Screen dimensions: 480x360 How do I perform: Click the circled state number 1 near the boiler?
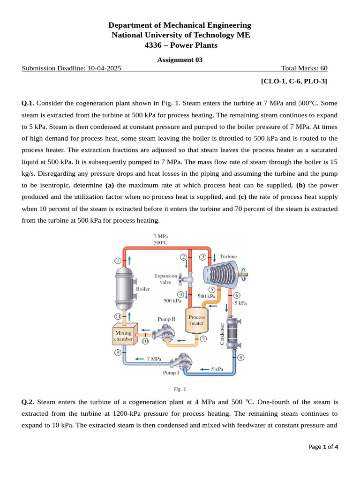click(x=118, y=260)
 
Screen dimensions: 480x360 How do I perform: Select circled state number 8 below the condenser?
click(x=241, y=358)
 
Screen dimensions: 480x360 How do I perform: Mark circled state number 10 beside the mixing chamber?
click(x=145, y=342)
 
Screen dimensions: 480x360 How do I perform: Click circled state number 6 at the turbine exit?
click(x=237, y=295)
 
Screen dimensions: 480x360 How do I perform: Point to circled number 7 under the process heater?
click(x=203, y=338)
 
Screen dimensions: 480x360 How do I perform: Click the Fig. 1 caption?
click(x=180, y=389)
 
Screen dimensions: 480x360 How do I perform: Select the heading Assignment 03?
click(x=180, y=60)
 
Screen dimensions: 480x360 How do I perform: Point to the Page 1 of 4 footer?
click(x=323, y=447)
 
